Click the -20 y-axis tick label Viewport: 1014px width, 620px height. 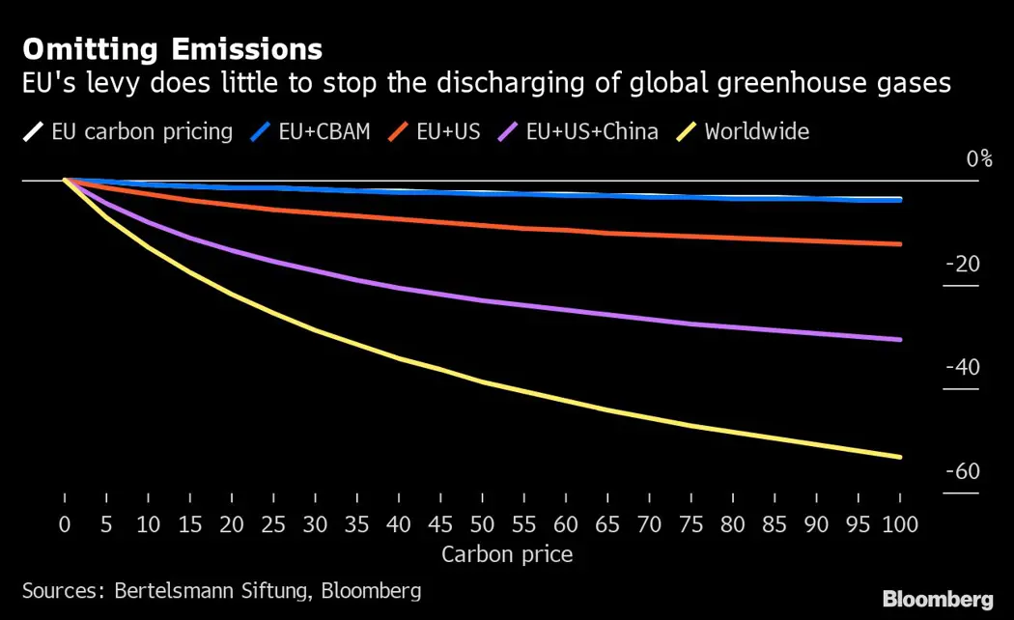pos(964,264)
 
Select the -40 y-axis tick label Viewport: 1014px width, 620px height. pos(964,367)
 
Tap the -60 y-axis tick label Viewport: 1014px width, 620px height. pos(964,470)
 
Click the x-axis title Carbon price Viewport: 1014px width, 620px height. pos(507,554)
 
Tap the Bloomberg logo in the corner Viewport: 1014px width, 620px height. pos(938,599)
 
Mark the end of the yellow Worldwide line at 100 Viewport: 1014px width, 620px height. pos(900,457)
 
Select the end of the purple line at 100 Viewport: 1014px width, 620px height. pos(900,339)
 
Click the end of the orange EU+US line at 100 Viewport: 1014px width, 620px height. pos(900,243)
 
